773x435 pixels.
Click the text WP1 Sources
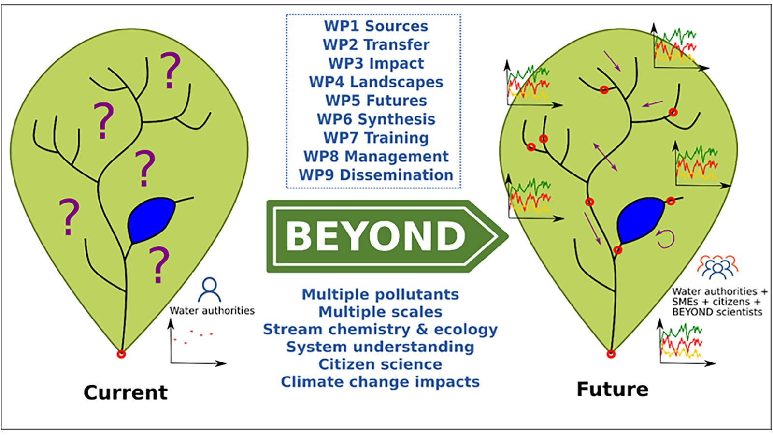(376, 26)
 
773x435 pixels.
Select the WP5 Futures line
(376, 101)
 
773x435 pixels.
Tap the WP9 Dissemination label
(376, 175)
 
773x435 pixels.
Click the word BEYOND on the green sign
(376, 236)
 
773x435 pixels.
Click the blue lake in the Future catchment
(641, 220)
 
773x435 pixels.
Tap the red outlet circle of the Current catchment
(121, 354)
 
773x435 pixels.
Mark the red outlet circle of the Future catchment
(611, 354)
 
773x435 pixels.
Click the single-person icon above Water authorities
(210, 290)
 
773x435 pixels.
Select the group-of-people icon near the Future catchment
(717, 267)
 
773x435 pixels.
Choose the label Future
(613, 390)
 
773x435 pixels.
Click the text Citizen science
(380, 364)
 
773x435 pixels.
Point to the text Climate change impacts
(380, 382)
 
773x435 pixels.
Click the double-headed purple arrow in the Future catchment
(605, 157)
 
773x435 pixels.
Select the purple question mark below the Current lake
(159, 265)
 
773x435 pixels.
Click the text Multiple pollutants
(380, 294)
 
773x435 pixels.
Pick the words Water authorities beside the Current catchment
(212, 311)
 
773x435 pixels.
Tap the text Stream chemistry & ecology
(380, 329)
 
